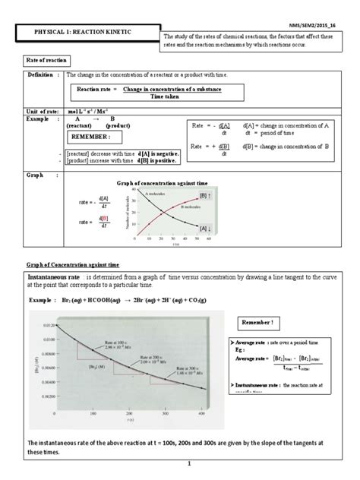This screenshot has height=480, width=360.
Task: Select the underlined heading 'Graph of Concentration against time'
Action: (x=69, y=264)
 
